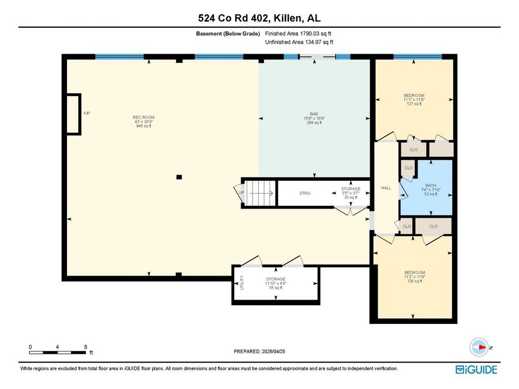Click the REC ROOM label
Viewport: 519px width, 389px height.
[144, 117]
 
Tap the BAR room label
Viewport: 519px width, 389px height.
[314, 114]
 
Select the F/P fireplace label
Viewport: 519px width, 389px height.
[86, 114]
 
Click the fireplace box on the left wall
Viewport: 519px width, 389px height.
[73, 114]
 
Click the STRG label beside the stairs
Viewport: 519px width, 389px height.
[305, 193]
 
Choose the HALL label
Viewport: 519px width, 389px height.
[386, 188]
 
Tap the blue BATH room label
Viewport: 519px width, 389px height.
[431, 186]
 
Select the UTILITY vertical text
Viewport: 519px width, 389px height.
[242, 283]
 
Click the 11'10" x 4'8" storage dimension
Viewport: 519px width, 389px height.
[276, 284]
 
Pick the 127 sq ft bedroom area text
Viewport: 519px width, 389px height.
[414, 104]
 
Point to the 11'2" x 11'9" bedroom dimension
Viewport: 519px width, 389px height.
[415, 277]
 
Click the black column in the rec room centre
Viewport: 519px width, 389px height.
[179, 177]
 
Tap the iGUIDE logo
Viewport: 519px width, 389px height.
[476, 369]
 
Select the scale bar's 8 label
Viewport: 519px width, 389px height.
[85, 347]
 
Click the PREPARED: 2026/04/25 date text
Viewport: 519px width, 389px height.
[259, 352]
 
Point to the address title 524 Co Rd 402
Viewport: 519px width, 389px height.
[233, 18]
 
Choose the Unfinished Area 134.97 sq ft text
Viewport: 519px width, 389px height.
[299, 42]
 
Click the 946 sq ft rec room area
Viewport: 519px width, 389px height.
[144, 126]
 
